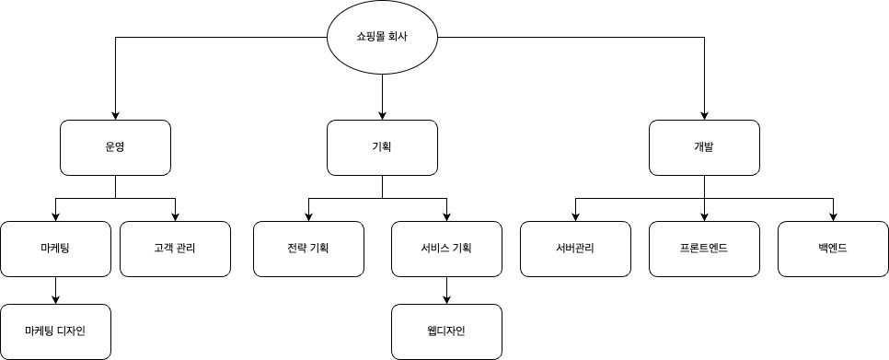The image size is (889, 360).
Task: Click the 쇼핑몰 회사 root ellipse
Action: [x=383, y=39]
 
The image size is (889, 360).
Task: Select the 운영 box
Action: [x=115, y=147]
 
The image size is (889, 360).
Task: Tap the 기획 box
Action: [x=382, y=147]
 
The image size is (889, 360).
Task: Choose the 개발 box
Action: [x=704, y=147]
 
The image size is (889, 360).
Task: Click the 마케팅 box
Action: [x=55, y=249]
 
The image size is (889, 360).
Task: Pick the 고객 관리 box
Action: [x=175, y=249]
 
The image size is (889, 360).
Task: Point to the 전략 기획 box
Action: [x=308, y=249]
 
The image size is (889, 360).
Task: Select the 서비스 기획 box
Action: [x=446, y=249]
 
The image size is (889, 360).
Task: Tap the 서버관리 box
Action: [x=575, y=249]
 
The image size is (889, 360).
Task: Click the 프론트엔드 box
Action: [x=704, y=249]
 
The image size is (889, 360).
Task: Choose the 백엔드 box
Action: [x=833, y=249]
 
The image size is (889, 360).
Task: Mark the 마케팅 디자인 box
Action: [x=55, y=331]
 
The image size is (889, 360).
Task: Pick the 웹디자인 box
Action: [x=446, y=331]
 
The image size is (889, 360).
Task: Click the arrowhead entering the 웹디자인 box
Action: [x=446, y=298]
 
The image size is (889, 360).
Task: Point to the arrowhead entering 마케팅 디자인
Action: [x=55, y=298]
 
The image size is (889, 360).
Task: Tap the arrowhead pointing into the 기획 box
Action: [x=382, y=114]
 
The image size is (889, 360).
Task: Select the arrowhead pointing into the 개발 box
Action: [x=704, y=114]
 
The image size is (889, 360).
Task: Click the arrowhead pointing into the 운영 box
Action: [x=115, y=114]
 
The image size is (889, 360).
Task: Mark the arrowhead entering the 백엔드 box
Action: [x=833, y=215]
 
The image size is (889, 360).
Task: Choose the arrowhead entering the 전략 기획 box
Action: [x=308, y=215]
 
